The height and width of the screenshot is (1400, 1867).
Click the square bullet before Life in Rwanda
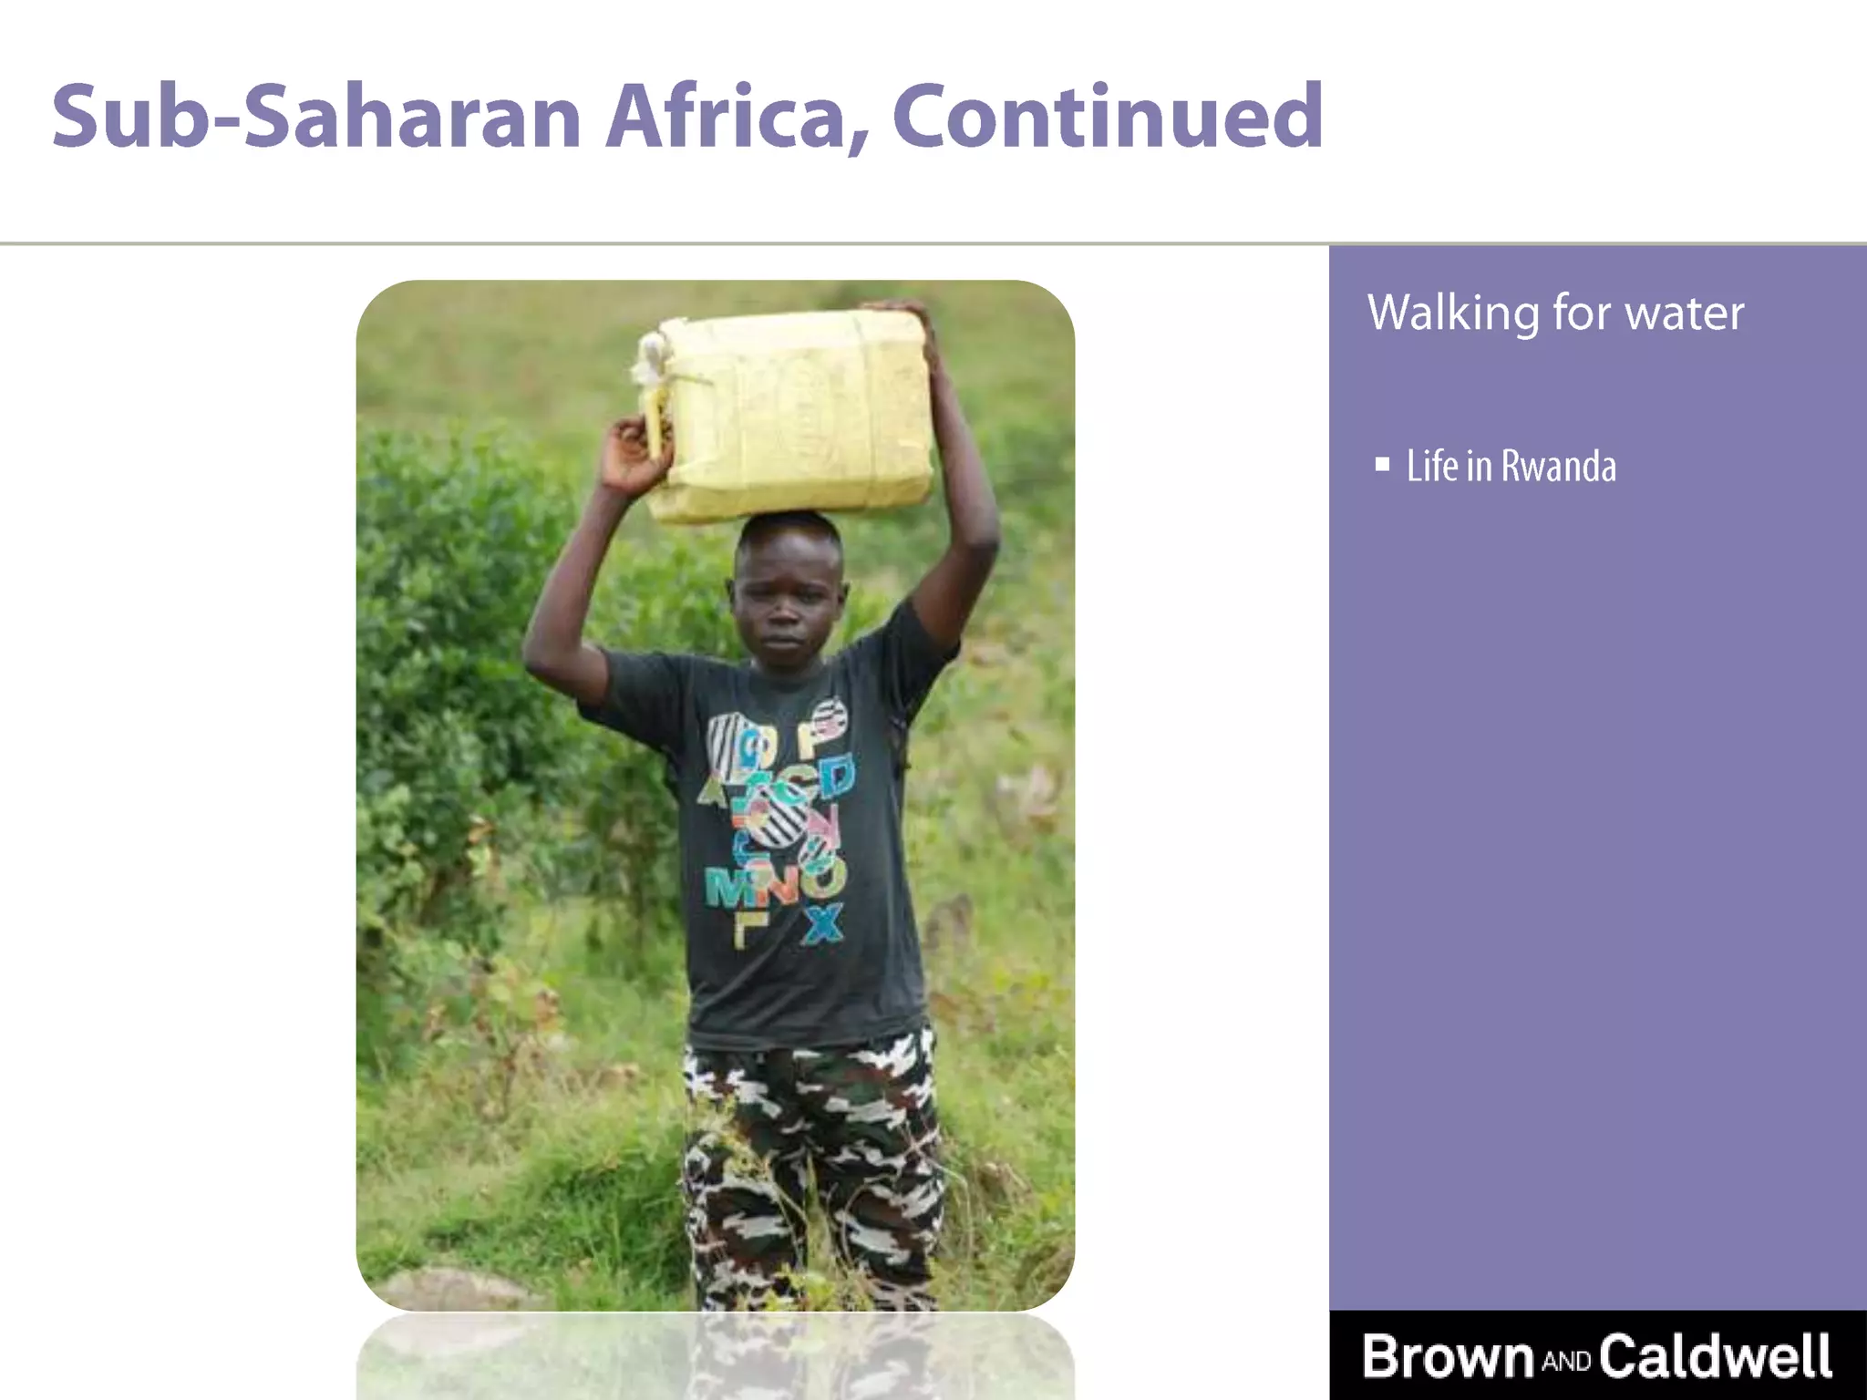tap(1382, 465)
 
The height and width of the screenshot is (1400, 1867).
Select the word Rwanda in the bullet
tap(1558, 467)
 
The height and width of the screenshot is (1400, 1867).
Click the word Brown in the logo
tap(1448, 1356)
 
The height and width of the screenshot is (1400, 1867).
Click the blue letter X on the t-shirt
tap(823, 922)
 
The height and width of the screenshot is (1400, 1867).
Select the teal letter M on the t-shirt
tap(725, 886)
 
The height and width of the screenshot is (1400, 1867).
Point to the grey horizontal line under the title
tap(638, 243)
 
